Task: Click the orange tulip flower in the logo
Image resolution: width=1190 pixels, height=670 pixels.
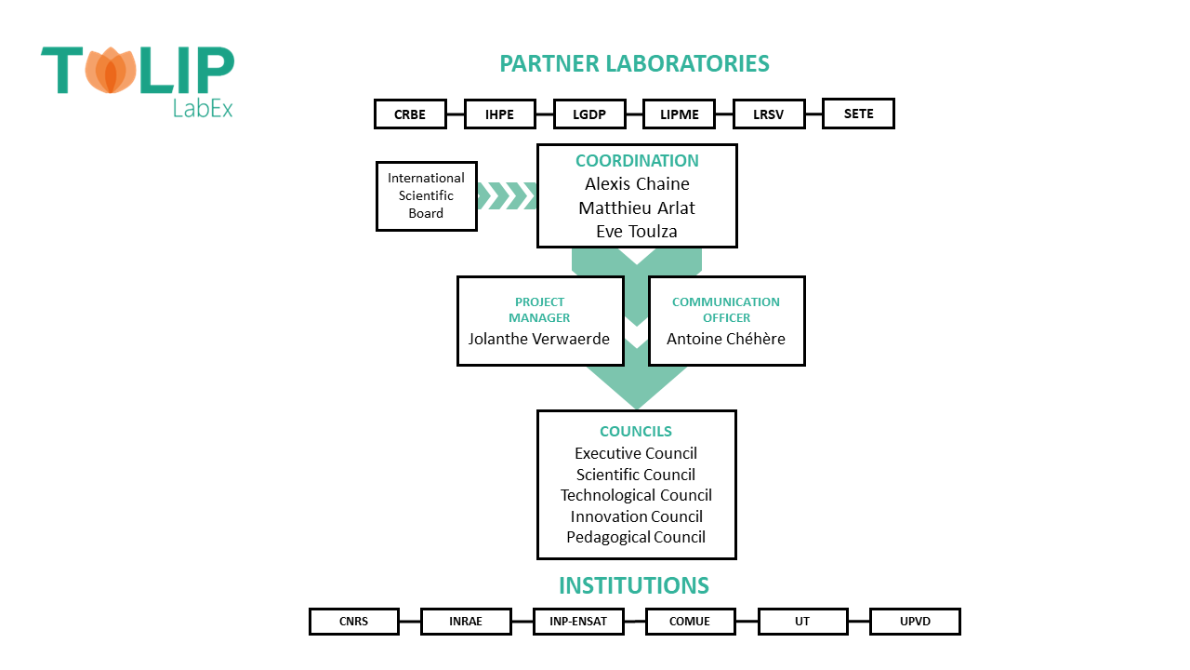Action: point(111,71)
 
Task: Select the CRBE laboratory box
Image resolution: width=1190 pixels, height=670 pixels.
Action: point(410,114)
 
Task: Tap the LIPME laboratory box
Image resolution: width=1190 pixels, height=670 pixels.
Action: point(680,114)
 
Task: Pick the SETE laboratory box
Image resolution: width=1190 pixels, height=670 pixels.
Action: point(858,114)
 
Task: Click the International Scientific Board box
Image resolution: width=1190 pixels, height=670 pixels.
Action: point(426,195)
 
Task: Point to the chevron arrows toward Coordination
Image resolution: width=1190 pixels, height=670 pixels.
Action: point(507,195)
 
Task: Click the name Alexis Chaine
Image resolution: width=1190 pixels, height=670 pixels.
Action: point(637,184)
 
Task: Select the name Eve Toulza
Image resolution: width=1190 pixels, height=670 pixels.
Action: point(637,231)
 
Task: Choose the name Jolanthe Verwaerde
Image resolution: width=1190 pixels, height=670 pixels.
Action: point(539,339)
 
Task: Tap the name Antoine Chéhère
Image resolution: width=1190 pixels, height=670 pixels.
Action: point(726,339)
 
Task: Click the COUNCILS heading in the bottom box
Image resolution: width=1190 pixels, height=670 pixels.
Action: point(636,432)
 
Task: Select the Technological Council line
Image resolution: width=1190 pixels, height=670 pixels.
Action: point(636,495)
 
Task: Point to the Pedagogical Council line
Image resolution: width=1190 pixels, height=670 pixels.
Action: point(636,537)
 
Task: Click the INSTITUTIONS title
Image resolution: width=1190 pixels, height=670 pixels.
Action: point(634,585)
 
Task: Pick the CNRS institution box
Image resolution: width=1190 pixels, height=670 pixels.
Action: point(353,622)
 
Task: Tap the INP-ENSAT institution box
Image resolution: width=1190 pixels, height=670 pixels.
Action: point(578,622)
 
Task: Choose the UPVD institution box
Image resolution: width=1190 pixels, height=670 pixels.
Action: point(915,622)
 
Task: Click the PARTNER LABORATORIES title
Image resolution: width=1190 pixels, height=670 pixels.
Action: point(634,63)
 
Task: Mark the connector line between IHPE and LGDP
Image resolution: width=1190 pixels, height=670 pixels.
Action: point(546,114)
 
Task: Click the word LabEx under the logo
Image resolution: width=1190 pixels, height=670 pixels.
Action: point(203,107)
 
